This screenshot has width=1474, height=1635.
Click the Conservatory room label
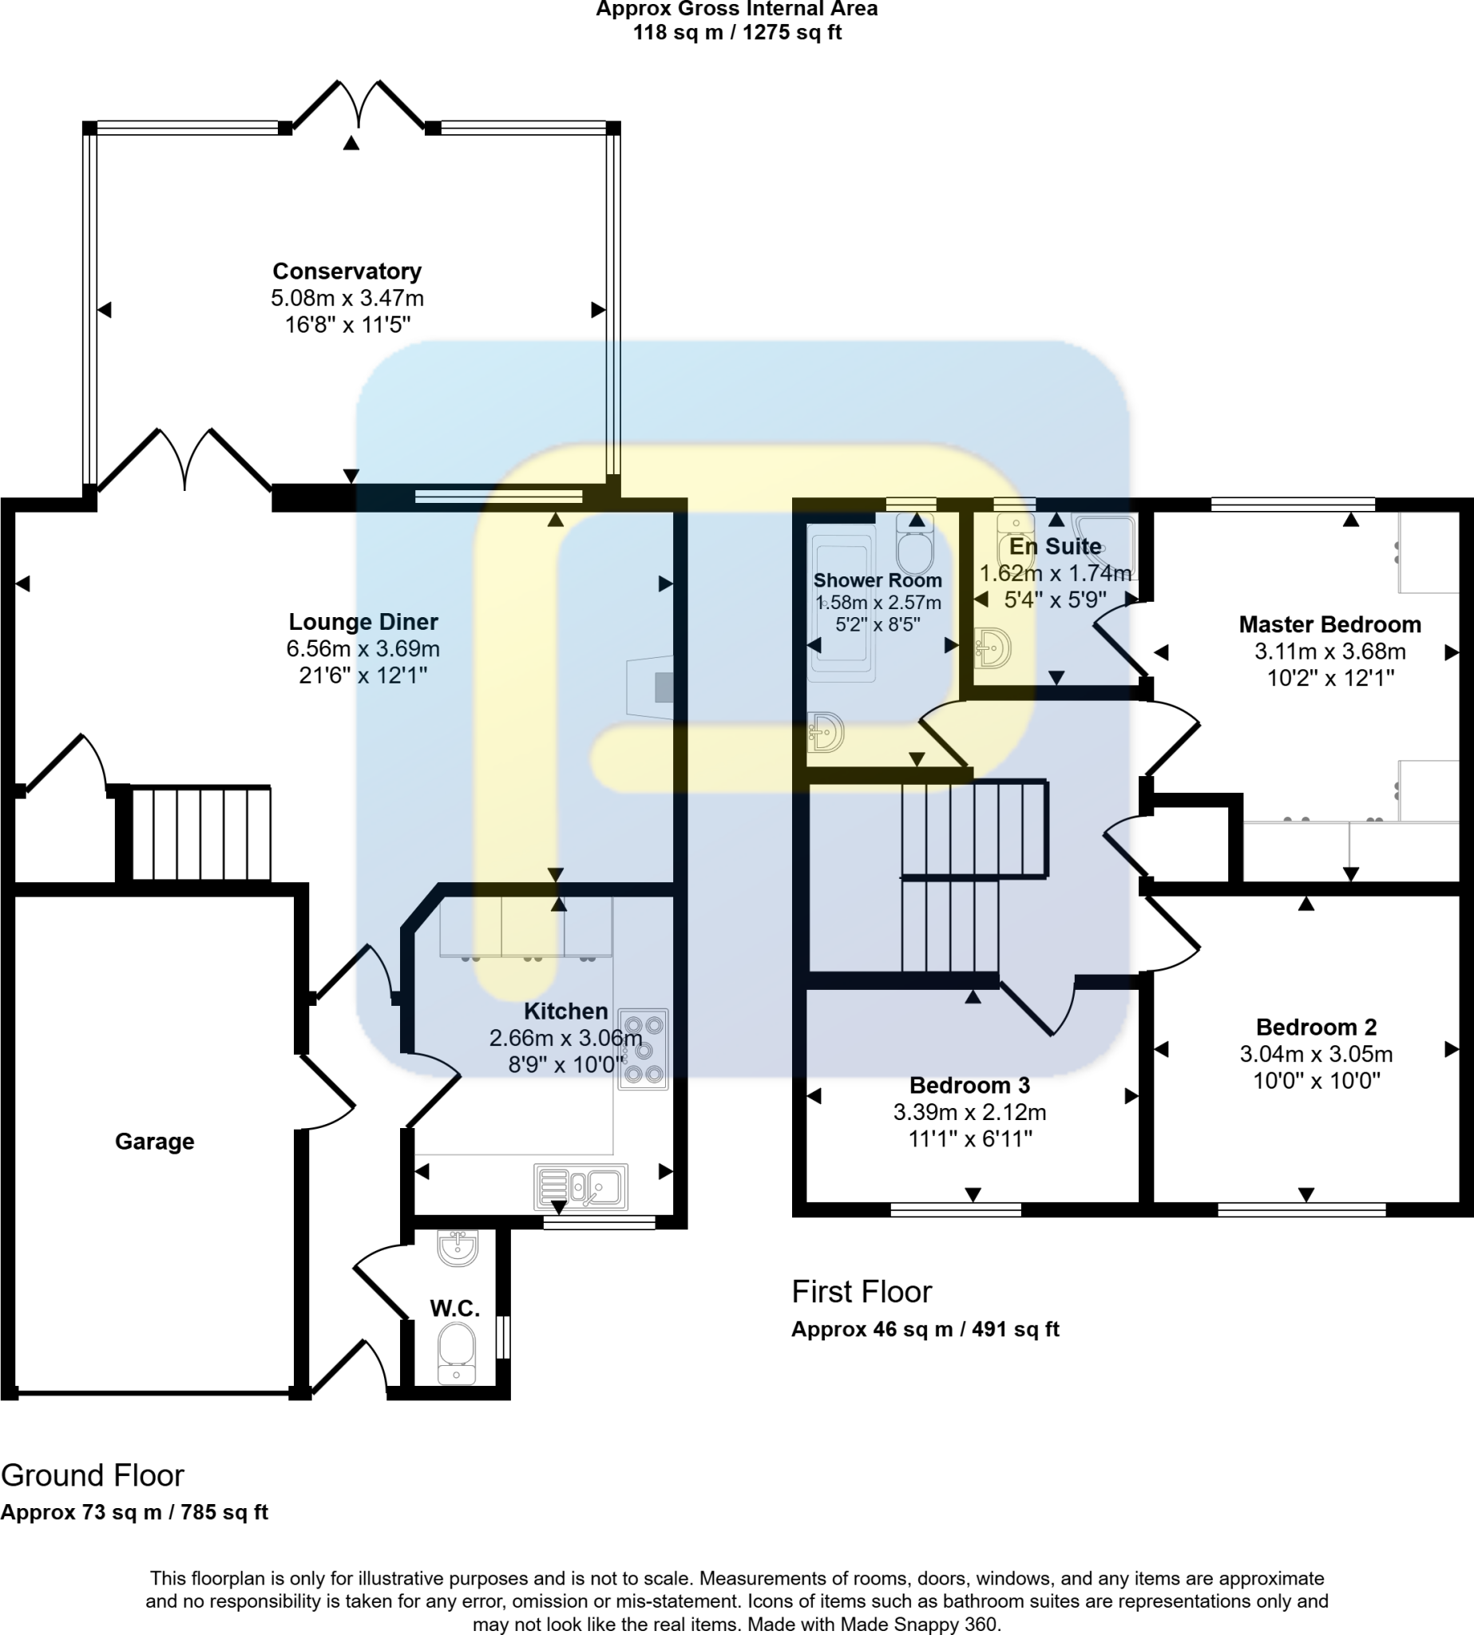tap(347, 271)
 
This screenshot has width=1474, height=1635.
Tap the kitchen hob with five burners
tap(643, 1049)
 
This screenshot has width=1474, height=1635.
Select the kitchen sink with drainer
tap(580, 1187)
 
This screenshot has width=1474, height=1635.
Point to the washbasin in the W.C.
tap(458, 1248)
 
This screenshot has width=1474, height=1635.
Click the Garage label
tap(155, 1141)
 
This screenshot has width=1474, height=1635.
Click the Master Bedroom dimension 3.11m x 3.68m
tap(1329, 651)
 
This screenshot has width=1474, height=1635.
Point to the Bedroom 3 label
tap(969, 1085)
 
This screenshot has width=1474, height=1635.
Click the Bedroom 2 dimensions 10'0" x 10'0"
tap(1316, 1080)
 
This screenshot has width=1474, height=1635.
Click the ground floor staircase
tap(201, 833)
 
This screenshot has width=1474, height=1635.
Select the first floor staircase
tap(972, 875)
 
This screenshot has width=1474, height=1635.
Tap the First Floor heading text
tap(861, 1291)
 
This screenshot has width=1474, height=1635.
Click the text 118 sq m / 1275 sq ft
tap(736, 33)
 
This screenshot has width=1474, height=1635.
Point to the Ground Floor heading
tap(93, 1475)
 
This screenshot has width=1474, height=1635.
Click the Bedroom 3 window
tap(956, 1209)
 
